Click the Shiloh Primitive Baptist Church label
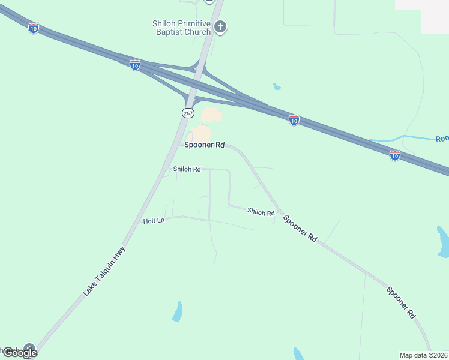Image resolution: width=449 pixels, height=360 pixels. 181,28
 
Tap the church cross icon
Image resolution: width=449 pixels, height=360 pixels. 220,27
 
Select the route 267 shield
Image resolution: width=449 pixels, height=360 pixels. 187,113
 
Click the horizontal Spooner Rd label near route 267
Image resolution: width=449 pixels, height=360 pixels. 204,145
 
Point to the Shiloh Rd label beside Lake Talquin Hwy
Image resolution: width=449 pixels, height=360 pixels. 187,169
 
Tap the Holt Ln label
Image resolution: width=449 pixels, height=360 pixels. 154,221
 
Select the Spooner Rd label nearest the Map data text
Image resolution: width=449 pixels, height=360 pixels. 401,302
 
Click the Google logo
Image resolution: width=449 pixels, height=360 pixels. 20,353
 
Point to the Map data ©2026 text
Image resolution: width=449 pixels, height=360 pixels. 423,355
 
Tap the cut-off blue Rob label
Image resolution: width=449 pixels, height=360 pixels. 442,139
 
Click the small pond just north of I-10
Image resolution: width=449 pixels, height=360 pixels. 276,86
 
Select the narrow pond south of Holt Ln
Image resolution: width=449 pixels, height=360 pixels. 177,312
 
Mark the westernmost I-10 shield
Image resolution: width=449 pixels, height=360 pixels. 34,28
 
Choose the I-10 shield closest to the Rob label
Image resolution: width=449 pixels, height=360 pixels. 394,156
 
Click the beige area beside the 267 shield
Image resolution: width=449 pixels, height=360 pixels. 211,115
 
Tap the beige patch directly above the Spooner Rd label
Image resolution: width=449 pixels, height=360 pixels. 201,134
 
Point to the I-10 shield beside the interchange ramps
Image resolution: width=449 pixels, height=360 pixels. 135,65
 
